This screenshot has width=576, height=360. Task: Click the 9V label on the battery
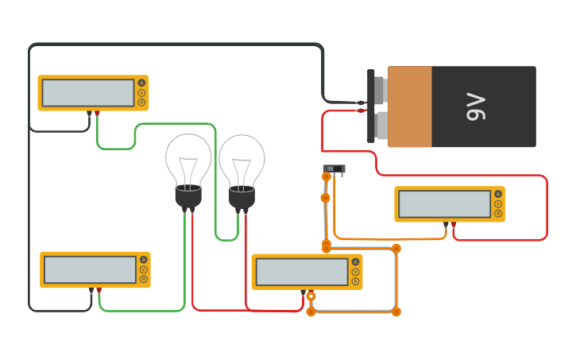pyautogui.click(x=475, y=106)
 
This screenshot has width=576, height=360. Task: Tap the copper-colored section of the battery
pyautogui.click(x=410, y=106)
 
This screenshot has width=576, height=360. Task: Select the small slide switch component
pyautogui.click(x=334, y=168)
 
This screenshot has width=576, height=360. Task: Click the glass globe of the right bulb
pyautogui.click(x=242, y=159)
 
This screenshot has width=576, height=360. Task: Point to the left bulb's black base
pyautogui.click(x=188, y=195)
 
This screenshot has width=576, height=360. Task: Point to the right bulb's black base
pyautogui.click(x=242, y=197)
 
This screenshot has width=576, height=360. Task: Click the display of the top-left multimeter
pyautogui.click(x=88, y=92)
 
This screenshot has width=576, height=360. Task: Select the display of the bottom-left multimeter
pyautogui.click(x=90, y=269)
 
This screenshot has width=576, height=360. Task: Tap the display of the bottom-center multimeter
pyautogui.click(x=302, y=272)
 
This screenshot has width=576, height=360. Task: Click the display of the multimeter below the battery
pyautogui.click(x=444, y=204)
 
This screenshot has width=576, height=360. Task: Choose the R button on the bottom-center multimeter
pyautogui.click(x=355, y=281)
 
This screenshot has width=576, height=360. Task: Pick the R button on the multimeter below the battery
pyautogui.click(x=498, y=213)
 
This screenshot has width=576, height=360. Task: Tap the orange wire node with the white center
pyautogui.click(x=311, y=296)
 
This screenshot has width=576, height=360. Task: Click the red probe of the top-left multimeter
pyautogui.click(x=98, y=114)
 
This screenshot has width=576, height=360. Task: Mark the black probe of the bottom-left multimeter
pyautogui.click(x=91, y=291)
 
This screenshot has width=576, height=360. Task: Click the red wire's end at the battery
pyautogui.click(x=361, y=110)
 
